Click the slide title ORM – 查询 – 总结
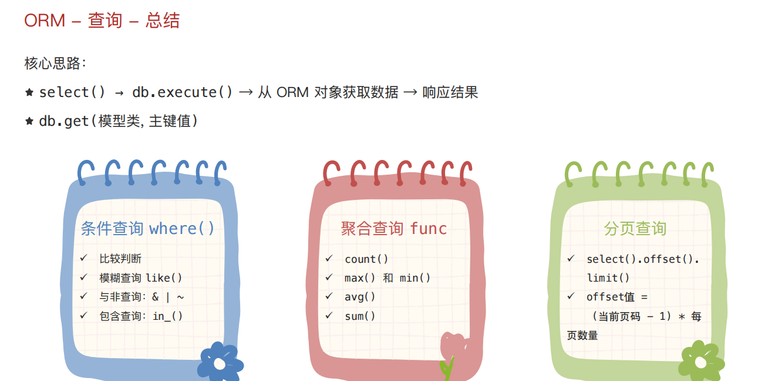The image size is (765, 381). pyautogui.click(x=102, y=20)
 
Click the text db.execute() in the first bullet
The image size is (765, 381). pyautogui.click(x=183, y=92)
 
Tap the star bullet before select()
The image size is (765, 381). pyautogui.click(x=29, y=92)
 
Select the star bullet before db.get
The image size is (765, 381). pyautogui.click(x=29, y=121)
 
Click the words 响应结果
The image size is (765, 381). pyautogui.click(x=450, y=92)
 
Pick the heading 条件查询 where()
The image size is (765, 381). pyautogui.click(x=147, y=229)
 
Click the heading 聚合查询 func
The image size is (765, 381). pyautogui.click(x=394, y=229)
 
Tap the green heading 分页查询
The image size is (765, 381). pyautogui.click(x=635, y=229)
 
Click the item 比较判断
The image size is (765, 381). pyautogui.click(x=120, y=259)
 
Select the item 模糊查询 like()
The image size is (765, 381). pyautogui.click(x=141, y=278)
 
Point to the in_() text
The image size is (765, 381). pyautogui.click(x=168, y=316)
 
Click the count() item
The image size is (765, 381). pyautogui.click(x=366, y=259)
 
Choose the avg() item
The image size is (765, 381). pyautogui.click(x=360, y=297)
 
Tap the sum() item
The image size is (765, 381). pyautogui.click(x=360, y=316)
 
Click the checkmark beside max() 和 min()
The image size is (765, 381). pyautogui.click(x=329, y=277)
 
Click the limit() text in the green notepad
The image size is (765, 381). pyautogui.click(x=608, y=278)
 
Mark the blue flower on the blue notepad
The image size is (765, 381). pyautogui.click(x=220, y=362)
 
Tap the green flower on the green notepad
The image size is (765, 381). pyautogui.click(x=701, y=361)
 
